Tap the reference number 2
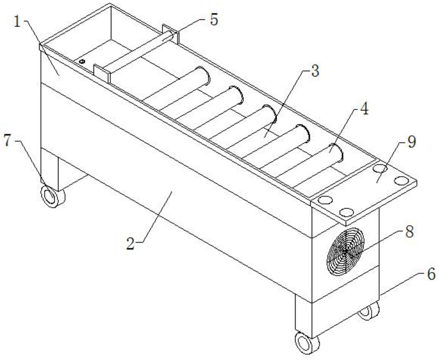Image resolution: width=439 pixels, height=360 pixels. click(131, 243)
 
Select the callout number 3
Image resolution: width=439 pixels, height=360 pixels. click(315, 71)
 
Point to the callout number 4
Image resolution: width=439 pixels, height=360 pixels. click(364, 109)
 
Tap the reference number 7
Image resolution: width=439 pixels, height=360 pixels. click(8, 141)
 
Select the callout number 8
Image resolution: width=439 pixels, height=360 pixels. click(409, 232)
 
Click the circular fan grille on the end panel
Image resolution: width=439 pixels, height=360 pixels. click(346, 251)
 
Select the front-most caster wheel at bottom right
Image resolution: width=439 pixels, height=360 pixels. click(307, 342)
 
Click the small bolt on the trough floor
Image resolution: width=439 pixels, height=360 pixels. click(83, 61)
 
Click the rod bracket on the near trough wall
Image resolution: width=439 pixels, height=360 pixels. click(102, 73)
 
